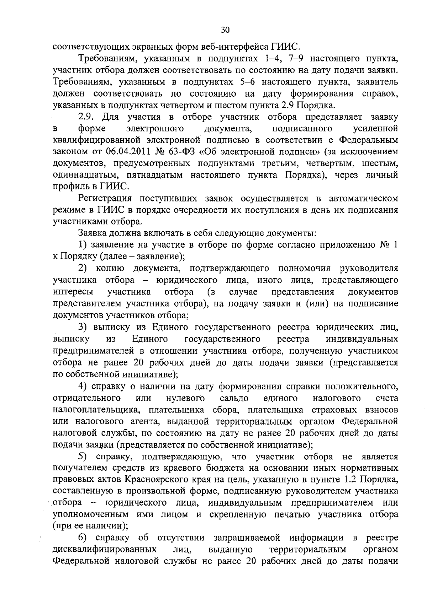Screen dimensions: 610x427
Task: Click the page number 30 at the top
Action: tap(225, 30)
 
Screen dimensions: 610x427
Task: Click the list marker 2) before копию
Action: tap(83, 268)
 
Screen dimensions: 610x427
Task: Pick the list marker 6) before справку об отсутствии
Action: tap(83, 538)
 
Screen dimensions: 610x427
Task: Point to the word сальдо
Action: tap(234, 398)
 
